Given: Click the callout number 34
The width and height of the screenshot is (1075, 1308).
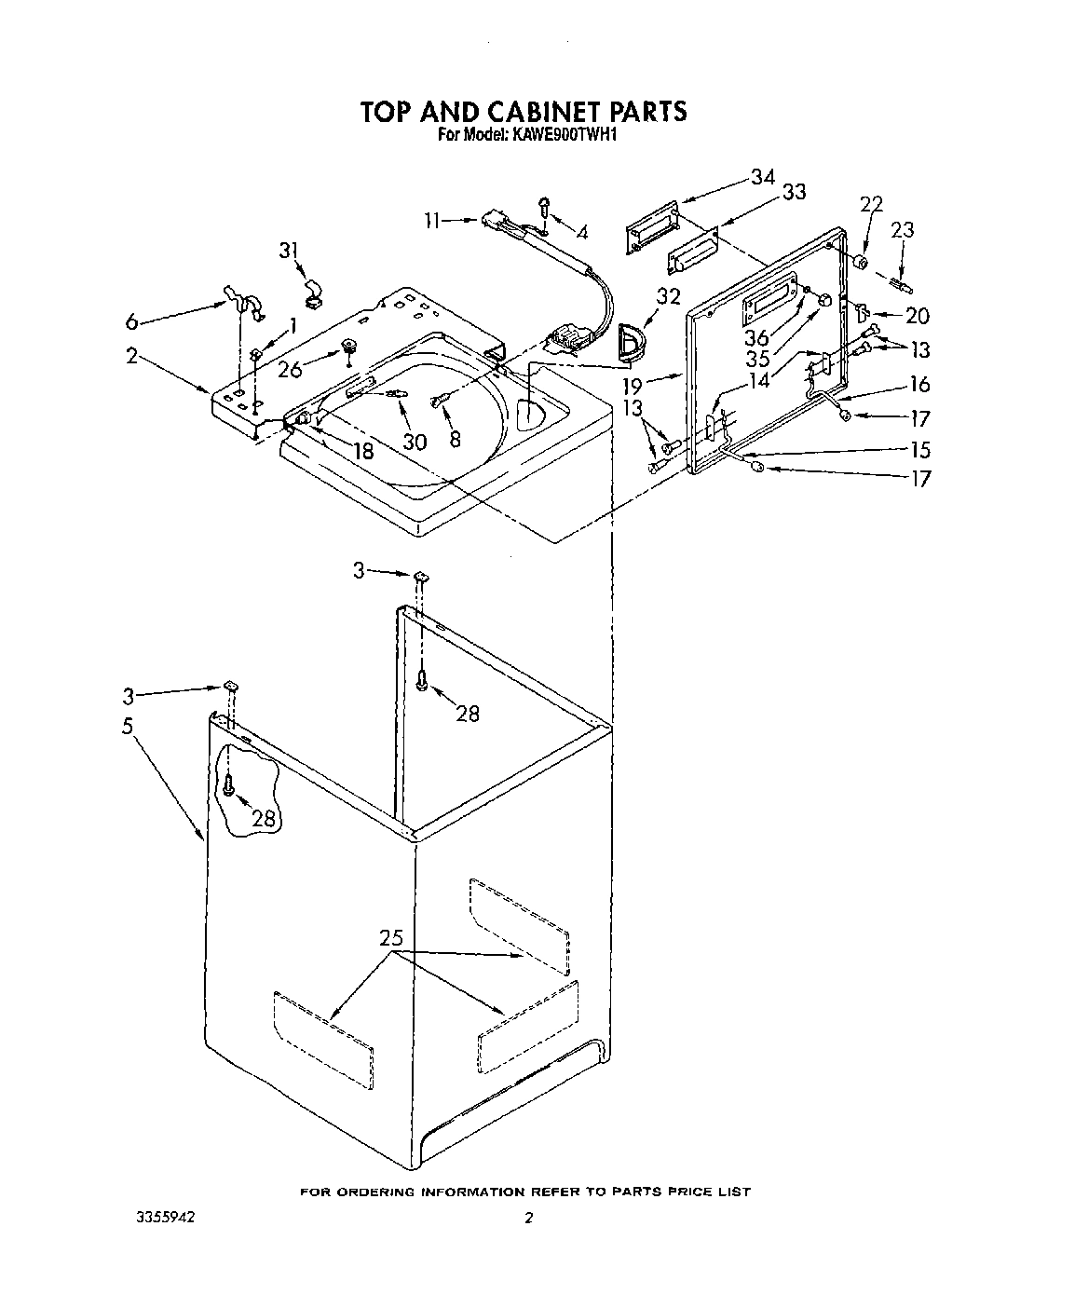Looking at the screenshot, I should coord(763,177).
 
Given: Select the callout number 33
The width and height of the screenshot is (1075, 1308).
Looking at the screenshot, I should coord(794,192).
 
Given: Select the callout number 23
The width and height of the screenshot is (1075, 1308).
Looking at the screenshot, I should coord(903,229).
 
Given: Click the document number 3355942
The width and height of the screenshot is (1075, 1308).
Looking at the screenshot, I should coord(164,1217).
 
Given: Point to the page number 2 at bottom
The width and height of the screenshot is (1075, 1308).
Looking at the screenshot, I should coord(527,1218).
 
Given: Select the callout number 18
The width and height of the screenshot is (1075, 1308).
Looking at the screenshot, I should coord(362,451).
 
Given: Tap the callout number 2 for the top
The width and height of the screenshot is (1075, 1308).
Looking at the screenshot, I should coord(132,355).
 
